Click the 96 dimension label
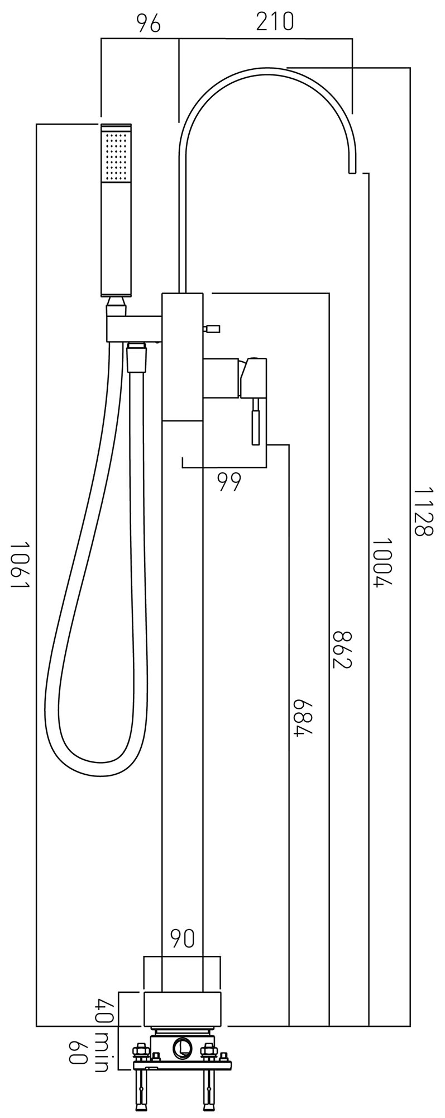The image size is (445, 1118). click(x=149, y=23)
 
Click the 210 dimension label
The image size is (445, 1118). click(x=275, y=22)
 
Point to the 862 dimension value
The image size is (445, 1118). click(x=342, y=649)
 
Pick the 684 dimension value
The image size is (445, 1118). click(x=302, y=717)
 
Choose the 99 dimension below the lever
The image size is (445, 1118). click(x=229, y=481)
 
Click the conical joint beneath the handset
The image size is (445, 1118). click(x=117, y=305)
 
